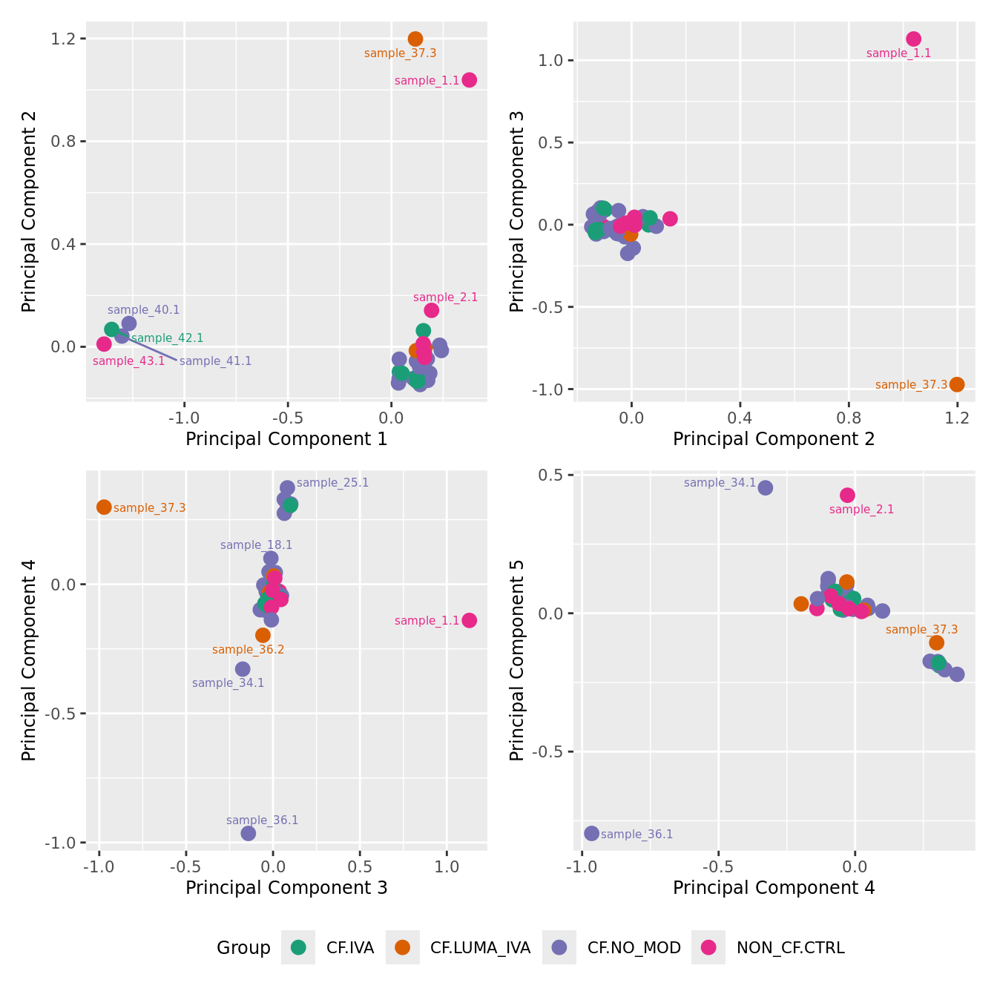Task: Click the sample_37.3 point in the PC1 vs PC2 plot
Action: click(415, 39)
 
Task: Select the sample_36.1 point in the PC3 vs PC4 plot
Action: click(249, 833)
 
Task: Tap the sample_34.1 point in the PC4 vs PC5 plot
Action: click(766, 487)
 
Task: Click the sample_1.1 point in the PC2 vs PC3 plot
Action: click(914, 39)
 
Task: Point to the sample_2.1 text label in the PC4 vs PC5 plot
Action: click(861, 510)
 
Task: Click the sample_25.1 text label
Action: click(332, 483)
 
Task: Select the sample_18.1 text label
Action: click(256, 545)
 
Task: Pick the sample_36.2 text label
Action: click(248, 650)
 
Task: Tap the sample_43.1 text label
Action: click(128, 361)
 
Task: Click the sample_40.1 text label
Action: click(143, 310)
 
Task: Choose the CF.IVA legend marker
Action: click(298, 947)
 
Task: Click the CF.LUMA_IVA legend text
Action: click(480, 947)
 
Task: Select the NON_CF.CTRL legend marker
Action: click(708, 947)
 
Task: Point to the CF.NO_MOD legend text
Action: click(634, 947)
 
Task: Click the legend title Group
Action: click(243, 947)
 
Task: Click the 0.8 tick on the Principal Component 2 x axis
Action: click(849, 418)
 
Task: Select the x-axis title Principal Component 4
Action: click(774, 888)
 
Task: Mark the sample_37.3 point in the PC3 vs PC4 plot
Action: click(104, 507)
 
